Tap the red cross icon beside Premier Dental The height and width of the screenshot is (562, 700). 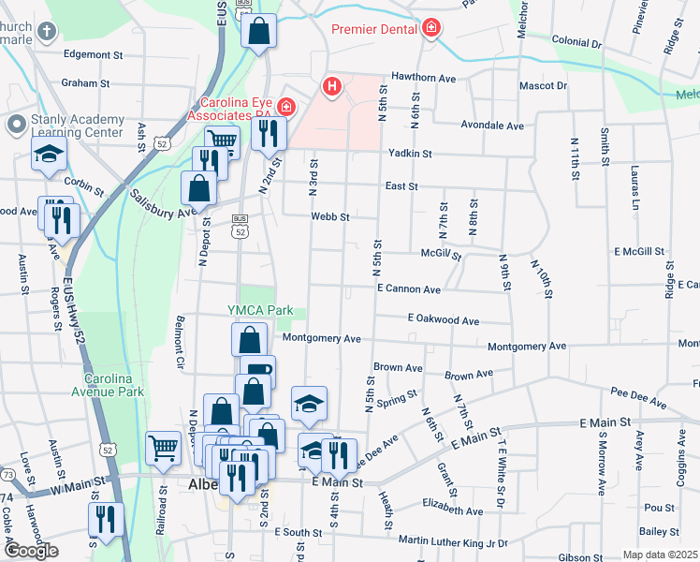430,30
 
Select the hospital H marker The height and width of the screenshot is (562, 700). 331,87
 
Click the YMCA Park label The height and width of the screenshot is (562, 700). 260,310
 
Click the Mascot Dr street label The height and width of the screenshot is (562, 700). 543,85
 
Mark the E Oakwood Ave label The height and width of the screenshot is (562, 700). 444,320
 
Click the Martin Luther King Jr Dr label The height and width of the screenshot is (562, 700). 452,540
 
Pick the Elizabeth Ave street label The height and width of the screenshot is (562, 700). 452,511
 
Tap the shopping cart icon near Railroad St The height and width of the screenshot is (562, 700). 163,447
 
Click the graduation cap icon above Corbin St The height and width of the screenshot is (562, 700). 49,155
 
